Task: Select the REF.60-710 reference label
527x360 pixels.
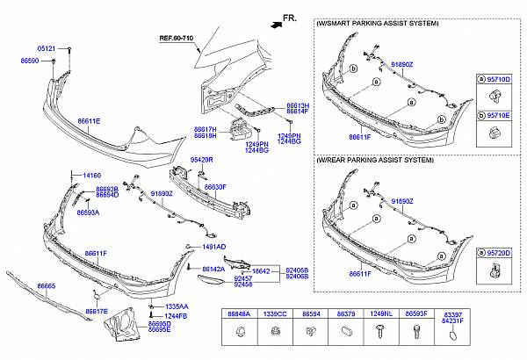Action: [177, 39]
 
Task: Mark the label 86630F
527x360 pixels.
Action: [216, 187]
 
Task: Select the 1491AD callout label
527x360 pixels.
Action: [212, 247]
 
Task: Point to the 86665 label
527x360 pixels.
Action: [47, 285]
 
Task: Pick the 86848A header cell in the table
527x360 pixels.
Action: [240, 313]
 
